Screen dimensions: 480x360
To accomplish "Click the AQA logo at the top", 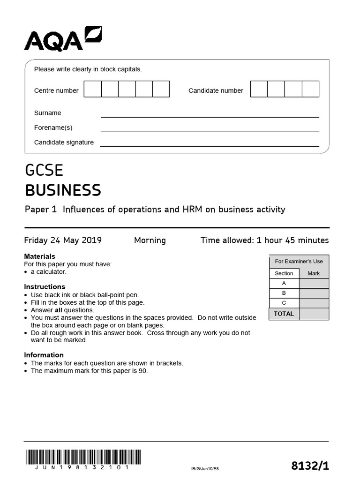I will click(63, 39).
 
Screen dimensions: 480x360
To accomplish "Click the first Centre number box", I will click(92, 89).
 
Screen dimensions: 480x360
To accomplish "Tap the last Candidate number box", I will click(310, 89).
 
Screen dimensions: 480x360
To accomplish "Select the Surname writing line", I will click(210, 113).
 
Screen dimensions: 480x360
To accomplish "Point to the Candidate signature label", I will click(64, 142).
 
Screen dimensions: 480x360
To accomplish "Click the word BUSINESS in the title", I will click(63, 190).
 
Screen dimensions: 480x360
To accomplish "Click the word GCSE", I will click(44, 170).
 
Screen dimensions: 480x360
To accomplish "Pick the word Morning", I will click(150, 240).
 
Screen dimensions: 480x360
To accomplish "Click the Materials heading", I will click(39, 256).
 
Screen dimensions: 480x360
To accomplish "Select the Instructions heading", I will click(45, 286).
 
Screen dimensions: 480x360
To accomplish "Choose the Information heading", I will click(44, 355).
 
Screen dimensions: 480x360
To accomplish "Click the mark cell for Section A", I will click(314, 284).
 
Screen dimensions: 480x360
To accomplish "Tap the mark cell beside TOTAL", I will click(314, 314).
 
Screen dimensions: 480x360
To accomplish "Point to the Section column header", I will click(284, 273).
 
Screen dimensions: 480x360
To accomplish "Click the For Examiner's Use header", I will click(299, 262).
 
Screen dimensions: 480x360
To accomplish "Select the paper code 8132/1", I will click(310, 465).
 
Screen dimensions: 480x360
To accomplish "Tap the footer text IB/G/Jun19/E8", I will click(205, 468).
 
